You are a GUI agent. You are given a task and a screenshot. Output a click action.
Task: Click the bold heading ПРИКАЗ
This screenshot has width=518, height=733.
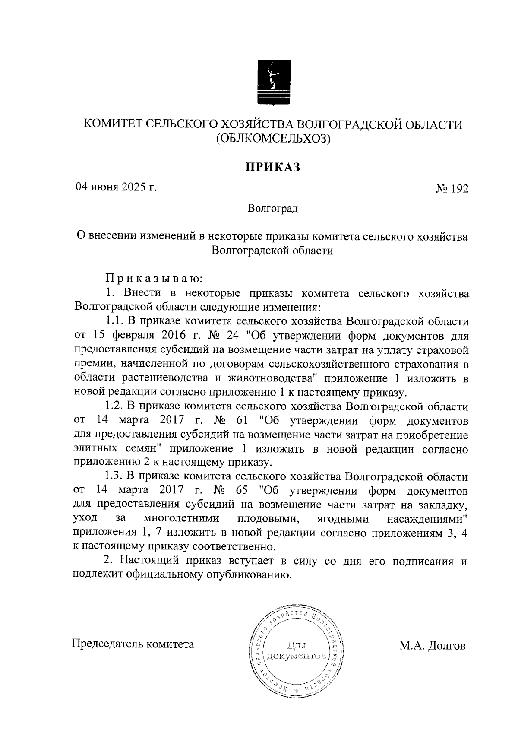[272, 167]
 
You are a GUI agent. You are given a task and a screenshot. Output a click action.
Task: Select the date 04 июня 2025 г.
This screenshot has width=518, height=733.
[116, 187]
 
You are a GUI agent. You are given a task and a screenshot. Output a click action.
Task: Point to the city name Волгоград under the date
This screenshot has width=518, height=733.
[272, 209]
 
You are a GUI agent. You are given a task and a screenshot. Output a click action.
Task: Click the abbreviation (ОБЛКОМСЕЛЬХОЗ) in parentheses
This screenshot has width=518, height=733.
[272, 139]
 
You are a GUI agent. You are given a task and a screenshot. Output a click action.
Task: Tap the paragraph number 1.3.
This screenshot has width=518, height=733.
[115, 476]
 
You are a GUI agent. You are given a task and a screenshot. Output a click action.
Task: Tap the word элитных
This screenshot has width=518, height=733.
[95, 449]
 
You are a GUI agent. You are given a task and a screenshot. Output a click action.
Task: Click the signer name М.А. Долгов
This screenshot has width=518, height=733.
[432, 646]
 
